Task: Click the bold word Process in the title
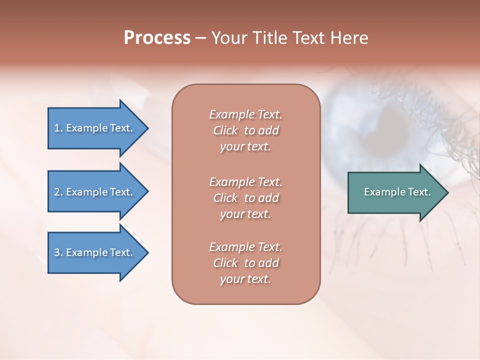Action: coord(157,38)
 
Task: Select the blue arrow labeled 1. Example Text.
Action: coord(95,128)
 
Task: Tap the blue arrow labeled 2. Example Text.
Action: coord(95,192)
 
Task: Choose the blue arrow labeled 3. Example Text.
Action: coord(95,252)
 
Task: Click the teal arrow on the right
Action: coord(395,192)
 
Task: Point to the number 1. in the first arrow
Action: coord(58,128)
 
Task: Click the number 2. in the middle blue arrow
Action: coord(59,192)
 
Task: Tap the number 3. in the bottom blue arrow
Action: coord(59,252)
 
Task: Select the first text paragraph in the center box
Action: coord(245,130)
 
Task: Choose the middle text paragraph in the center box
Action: coord(245,198)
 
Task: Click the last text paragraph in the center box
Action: coord(245,263)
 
